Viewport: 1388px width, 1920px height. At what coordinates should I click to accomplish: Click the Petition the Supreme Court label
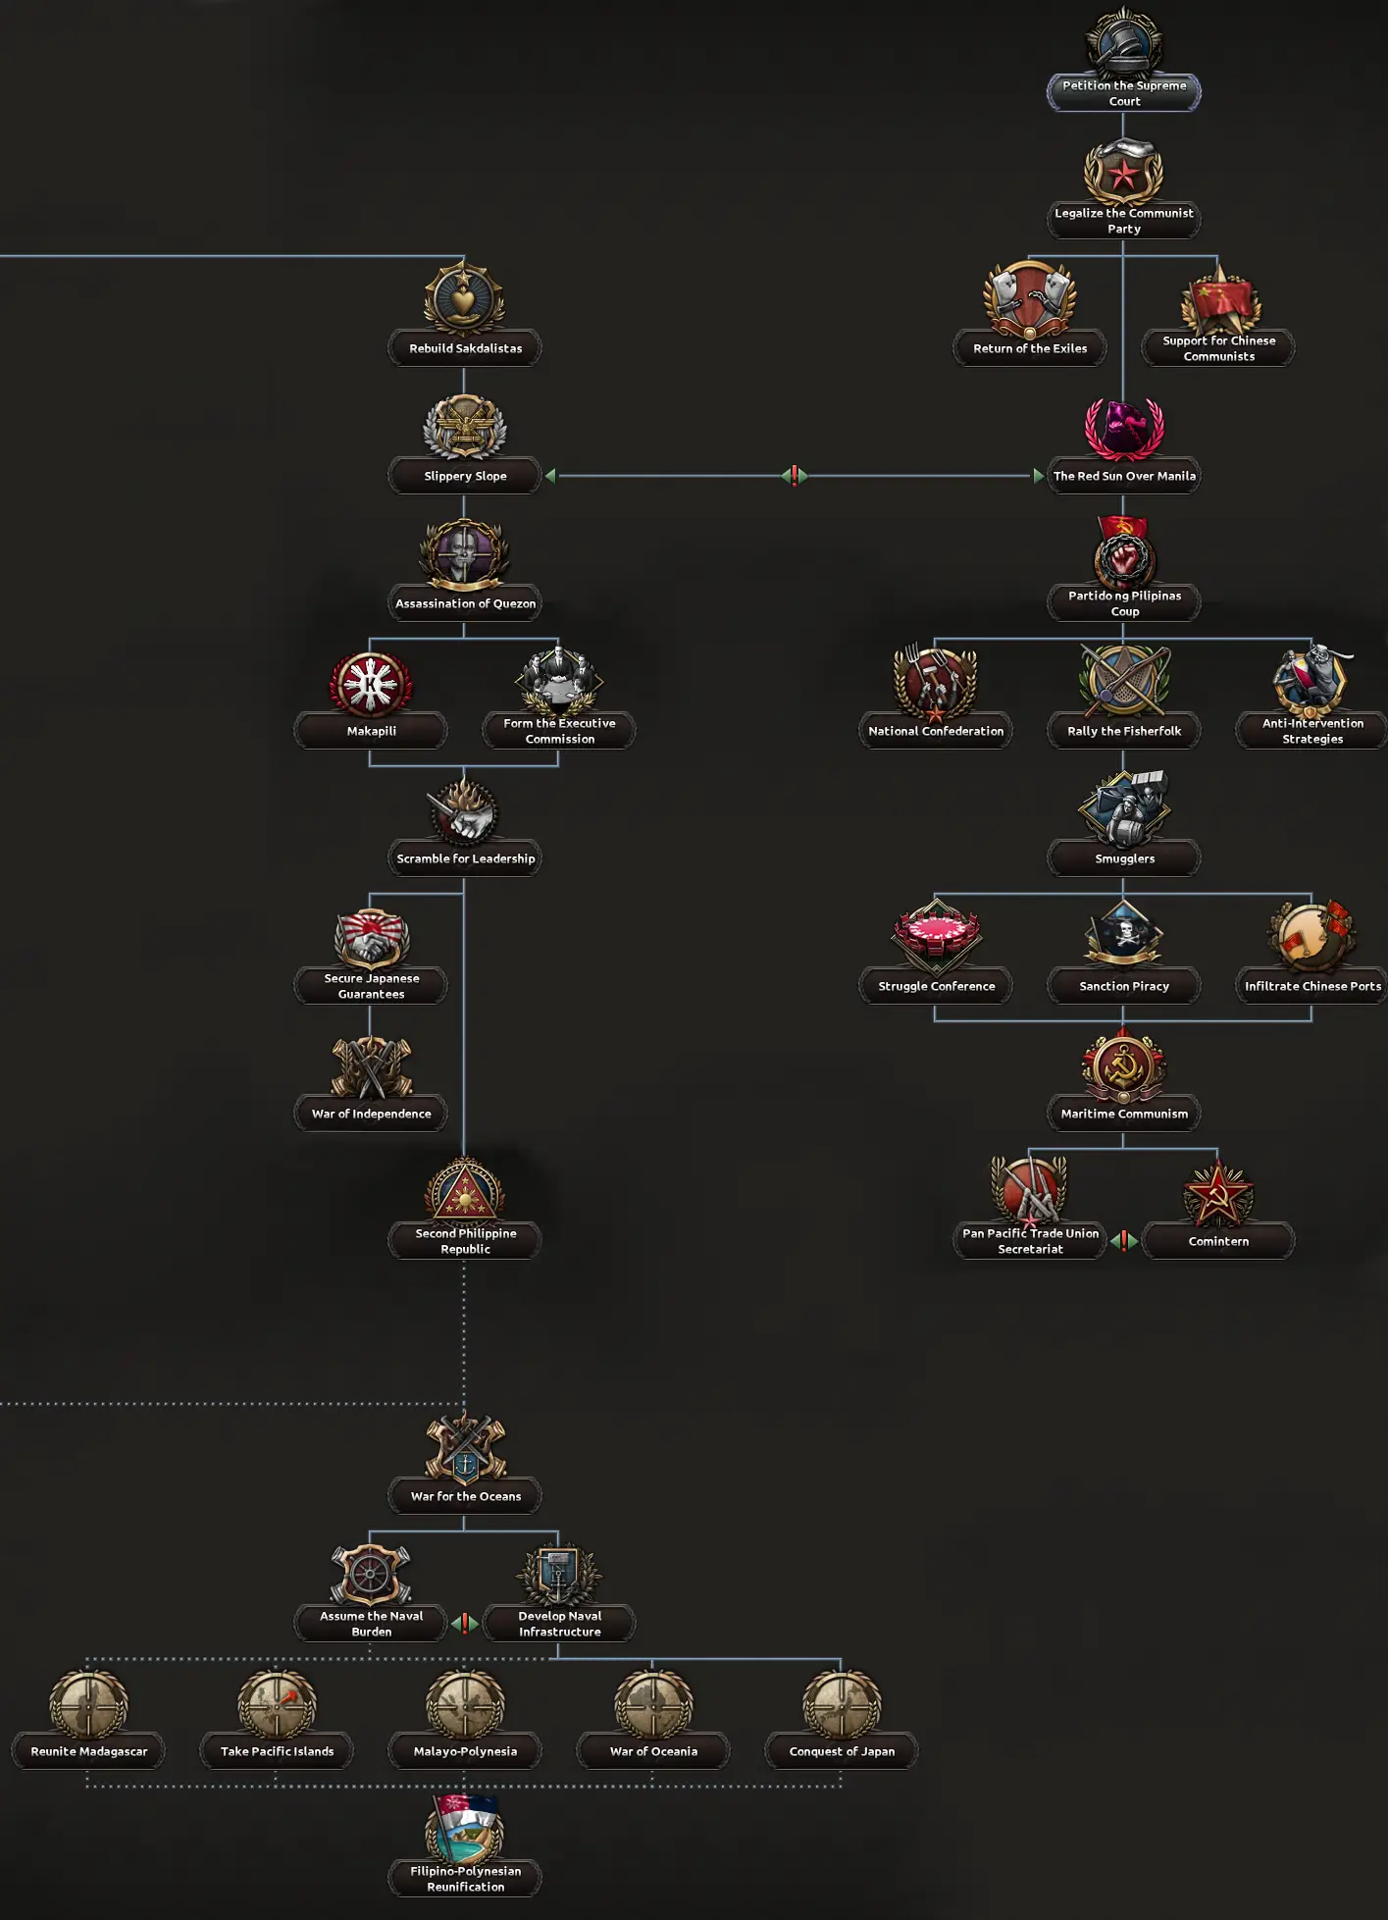(1124, 93)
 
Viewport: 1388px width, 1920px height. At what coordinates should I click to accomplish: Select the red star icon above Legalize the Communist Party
(1123, 173)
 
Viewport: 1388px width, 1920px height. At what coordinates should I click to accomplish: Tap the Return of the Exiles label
(1030, 348)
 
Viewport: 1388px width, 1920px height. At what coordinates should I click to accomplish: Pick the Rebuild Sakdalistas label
(465, 348)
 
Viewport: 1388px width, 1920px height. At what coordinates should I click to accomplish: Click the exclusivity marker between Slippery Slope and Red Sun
(795, 476)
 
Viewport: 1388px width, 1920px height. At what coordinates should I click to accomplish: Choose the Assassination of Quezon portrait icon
(464, 554)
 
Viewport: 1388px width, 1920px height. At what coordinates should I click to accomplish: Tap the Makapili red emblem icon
(371, 684)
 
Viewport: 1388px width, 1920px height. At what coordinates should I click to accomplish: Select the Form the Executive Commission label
(559, 731)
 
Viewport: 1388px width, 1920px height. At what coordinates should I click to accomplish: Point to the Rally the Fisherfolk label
(1124, 731)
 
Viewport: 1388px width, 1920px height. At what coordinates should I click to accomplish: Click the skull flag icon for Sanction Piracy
(1123, 933)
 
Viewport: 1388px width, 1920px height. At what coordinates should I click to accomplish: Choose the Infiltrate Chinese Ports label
(1312, 986)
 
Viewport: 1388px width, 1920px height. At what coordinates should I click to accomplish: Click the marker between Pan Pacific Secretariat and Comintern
(1124, 1241)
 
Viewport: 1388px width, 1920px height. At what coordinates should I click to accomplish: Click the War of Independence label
(371, 1114)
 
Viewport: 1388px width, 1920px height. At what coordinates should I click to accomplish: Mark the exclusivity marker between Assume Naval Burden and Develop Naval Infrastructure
(465, 1624)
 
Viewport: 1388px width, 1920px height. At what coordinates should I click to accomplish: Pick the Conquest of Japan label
(842, 1751)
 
